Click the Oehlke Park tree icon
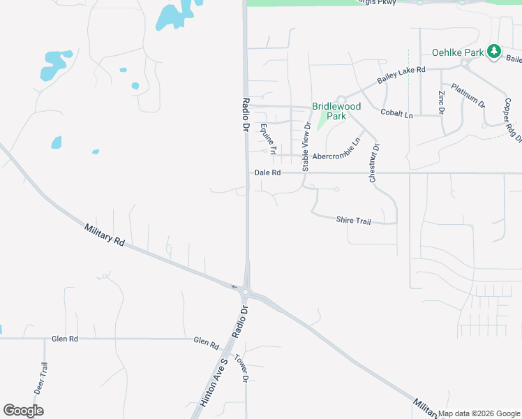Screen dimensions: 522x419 click(494, 51)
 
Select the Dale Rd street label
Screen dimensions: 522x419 click(267, 172)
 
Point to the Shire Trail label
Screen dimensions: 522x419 click(353, 220)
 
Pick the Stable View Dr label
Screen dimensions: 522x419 click(306, 147)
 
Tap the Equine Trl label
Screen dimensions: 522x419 click(269, 139)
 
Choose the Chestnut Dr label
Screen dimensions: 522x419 click(373, 164)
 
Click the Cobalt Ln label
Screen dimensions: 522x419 click(396, 112)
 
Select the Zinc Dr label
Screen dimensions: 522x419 click(441, 102)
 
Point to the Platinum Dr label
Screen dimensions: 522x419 click(468, 96)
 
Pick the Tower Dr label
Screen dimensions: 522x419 click(241, 369)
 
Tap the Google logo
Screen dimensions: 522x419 click(23, 411)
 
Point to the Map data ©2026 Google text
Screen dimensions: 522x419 click(479, 413)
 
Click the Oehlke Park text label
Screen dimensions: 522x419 click(458, 52)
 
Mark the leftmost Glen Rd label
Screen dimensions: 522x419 click(65, 339)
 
